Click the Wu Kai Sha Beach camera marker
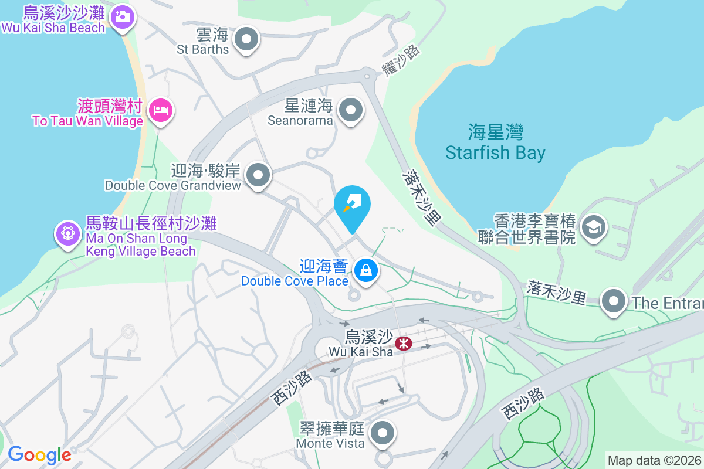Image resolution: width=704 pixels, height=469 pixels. coord(122,16)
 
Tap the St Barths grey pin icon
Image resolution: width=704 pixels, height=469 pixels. coord(246,40)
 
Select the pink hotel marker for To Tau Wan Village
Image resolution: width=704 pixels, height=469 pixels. coord(160,110)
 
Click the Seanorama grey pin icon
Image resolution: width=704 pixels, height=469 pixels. coord(351,109)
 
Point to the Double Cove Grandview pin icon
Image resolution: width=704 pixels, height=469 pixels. coord(258,174)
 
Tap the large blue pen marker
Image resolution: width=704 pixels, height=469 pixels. coord(353,204)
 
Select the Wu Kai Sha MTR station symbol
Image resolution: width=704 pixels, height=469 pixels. coord(403,344)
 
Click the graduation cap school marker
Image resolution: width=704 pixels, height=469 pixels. coord(594,226)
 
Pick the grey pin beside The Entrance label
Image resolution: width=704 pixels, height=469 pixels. coord(614,301)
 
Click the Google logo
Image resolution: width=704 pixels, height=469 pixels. coord(39,455)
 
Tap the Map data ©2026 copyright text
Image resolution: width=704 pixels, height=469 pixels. coord(654,460)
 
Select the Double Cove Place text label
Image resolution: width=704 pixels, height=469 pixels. coord(295,281)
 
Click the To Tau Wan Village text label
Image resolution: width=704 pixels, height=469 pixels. coord(88,121)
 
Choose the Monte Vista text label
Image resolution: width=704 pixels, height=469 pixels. coord(330,443)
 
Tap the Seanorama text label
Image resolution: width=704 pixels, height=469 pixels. coord(300,120)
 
